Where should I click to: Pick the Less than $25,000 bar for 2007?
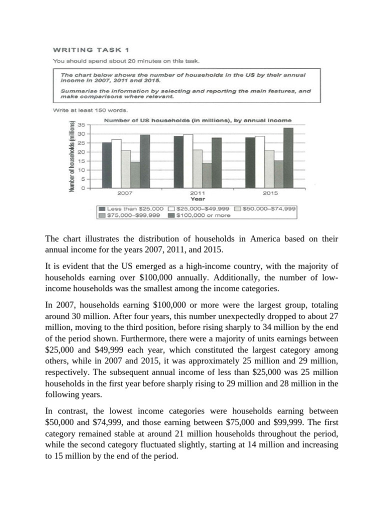tap(107, 165)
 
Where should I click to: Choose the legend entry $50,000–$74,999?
tap(264, 208)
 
